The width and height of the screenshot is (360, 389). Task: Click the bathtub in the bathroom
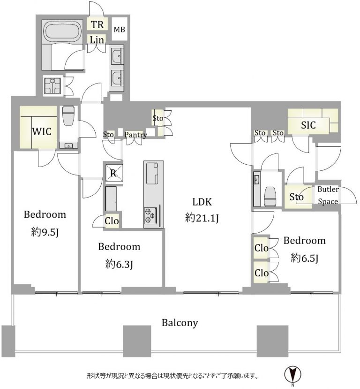(62, 31)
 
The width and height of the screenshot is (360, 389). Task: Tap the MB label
(119, 30)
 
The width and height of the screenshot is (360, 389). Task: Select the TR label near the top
(97, 24)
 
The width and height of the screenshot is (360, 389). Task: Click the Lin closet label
(97, 40)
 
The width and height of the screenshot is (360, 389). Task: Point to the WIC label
(42, 131)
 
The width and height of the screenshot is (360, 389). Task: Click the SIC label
(308, 125)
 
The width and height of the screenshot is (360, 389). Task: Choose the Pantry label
(135, 135)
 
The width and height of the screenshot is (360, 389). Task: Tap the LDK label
(202, 202)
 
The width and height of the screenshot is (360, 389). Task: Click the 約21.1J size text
(202, 218)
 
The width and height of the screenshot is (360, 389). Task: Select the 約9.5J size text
(45, 232)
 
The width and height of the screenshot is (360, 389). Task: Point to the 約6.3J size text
(119, 264)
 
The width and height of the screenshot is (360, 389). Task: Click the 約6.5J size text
(304, 258)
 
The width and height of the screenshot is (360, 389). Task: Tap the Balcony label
(180, 323)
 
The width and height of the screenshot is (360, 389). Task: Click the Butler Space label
(328, 195)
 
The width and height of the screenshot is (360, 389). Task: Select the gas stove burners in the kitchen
(150, 215)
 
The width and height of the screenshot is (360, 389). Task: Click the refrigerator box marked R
(113, 173)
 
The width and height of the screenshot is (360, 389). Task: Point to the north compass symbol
(292, 374)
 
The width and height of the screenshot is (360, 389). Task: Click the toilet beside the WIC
(68, 115)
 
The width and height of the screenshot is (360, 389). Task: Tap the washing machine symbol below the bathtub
(52, 86)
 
